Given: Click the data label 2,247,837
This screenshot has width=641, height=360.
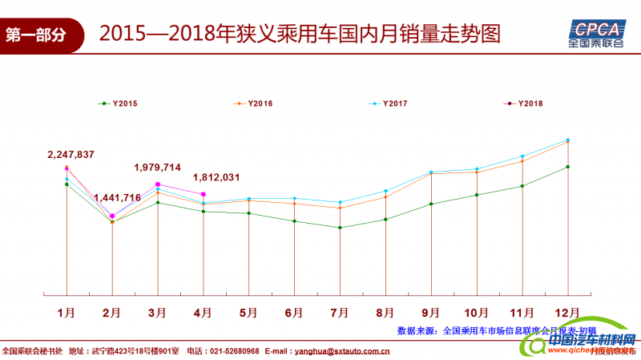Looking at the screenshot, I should pyautogui.click(x=71, y=155).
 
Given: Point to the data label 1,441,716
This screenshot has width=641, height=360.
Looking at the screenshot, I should pyautogui.click(x=117, y=198).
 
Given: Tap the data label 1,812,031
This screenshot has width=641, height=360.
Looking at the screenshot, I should pyautogui.click(x=217, y=177).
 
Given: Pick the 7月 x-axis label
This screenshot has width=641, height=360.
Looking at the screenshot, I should pyautogui.click(x=340, y=311).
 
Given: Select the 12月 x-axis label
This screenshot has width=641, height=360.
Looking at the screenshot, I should pyautogui.click(x=567, y=311).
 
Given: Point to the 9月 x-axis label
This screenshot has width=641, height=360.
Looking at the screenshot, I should pyautogui.click(x=430, y=311).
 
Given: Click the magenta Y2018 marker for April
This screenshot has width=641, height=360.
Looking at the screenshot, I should pyautogui.click(x=204, y=195).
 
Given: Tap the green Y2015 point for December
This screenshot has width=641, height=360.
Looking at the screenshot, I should pyautogui.click(x=568, y=167).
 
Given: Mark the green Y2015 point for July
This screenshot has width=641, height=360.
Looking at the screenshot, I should pyautogui.click(x=341, y=228).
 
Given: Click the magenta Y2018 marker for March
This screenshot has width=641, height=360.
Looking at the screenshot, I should pyautogui.click(x=158, y=184).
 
